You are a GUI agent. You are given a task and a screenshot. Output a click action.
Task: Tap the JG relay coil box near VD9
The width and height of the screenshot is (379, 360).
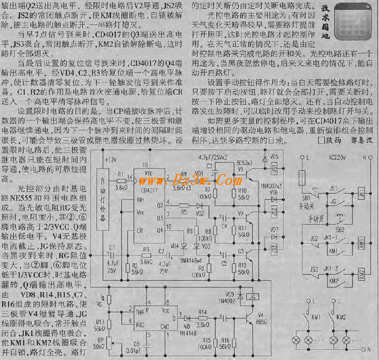point(249,297)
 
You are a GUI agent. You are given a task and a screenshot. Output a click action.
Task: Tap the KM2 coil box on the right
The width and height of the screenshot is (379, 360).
point(334,281)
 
